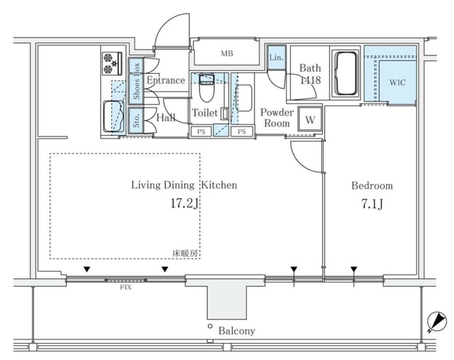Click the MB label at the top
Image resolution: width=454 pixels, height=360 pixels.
tap(227, 53)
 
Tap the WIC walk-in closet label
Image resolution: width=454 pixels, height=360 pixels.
tap(397, 82)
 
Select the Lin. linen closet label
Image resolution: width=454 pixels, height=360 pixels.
tap(276, 58)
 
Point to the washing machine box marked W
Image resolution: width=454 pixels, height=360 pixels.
tap(310, 119)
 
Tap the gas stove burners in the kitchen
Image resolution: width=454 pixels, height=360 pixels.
tap(112, 63)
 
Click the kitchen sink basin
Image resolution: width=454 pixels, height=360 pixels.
tap(113, 116)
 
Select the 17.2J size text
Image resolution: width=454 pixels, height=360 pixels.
tap(184, 204)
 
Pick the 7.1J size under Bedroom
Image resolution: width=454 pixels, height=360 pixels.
tap(372, 204)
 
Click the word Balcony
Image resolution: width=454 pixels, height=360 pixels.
tap(236, 331)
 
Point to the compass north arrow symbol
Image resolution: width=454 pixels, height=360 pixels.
tap(437, 321)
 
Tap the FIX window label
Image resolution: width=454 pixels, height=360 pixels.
tap(126, 288)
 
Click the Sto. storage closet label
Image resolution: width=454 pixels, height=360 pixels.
tap(136, 121)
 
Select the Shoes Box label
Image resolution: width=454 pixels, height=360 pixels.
tap(136, 81)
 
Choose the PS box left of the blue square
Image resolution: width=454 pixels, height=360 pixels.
tap(201, 131)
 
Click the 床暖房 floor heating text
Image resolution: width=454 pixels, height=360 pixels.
tap(185, 253)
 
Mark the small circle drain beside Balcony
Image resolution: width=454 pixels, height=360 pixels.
tap(210, 326)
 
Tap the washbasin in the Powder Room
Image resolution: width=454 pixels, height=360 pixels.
tap(244, 98)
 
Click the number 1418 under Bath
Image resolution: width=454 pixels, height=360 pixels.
tap(310, 80)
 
